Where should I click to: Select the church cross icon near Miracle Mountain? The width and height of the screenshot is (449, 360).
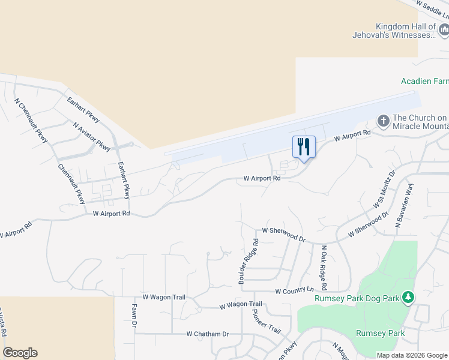point(384,121)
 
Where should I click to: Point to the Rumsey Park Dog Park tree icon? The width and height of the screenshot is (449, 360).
point(408,297)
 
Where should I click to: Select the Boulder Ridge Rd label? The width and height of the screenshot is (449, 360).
point(247,262)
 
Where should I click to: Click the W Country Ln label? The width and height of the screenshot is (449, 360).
point(294,291)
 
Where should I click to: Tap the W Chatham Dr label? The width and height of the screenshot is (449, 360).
point(208,334)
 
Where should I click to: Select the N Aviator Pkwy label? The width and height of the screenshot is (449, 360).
point(92,137)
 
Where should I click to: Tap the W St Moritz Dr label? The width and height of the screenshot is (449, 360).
point(384,189)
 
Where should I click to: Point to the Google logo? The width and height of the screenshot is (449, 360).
point(20,353)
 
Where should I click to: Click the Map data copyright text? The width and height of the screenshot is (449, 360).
point(412,355)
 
